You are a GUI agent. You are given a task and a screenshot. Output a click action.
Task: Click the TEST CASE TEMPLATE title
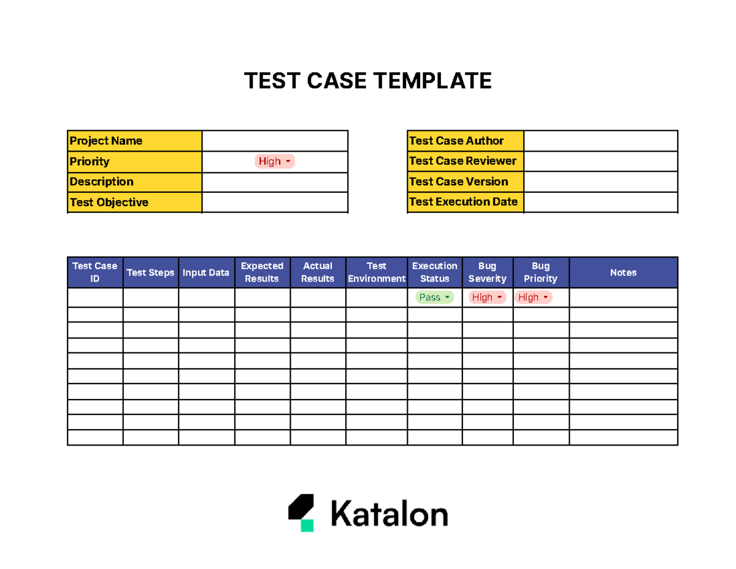pos(368,80)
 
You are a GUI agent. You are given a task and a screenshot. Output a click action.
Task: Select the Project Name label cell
pos(134,141)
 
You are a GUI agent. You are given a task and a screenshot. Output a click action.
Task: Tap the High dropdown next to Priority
pos(275,161)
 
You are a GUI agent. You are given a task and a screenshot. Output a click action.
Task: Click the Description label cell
pos(134,182)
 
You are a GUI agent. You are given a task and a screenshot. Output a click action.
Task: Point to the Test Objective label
pos(109,203)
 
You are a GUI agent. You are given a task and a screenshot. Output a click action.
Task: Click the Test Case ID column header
pos(95,273)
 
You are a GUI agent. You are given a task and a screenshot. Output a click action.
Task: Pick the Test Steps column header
pos(150,273)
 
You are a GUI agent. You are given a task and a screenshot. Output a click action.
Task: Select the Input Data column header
pos(206,273)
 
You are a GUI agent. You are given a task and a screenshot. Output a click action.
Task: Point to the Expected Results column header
pos(262,273)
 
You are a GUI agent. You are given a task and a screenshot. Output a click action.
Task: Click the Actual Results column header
pos(318,273)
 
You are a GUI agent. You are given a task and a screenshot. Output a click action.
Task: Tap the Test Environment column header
pos(376,273)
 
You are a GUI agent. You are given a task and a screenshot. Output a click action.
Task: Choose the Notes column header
pos(623,273)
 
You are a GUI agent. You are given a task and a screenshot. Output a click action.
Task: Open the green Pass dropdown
pos(435,298)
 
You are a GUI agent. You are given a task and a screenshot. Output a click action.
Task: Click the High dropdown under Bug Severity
pos(488,298)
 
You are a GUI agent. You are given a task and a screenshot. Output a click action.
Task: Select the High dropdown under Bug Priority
pos(534,298)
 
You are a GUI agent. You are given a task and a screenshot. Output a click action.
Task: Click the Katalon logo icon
pos(301,513)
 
